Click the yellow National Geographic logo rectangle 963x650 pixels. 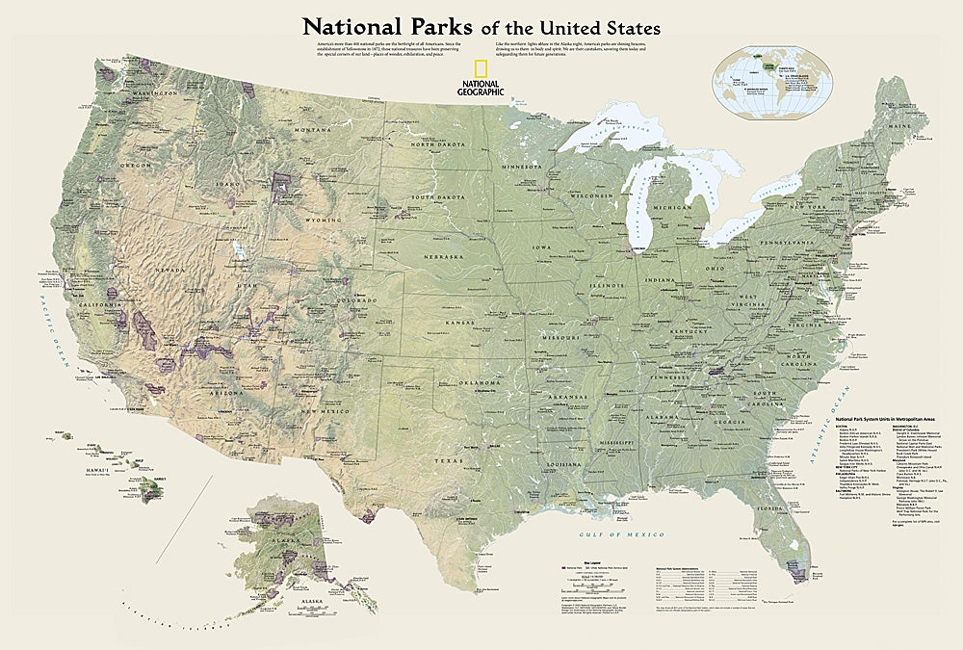(x=480, y=71)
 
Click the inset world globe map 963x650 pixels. (x=771, y=77)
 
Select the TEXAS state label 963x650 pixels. (x=444, y=459)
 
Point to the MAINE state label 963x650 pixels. (x=900, y=125)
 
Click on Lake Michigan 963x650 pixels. (x=638, y=217)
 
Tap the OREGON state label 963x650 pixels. (x=134, y=165)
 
